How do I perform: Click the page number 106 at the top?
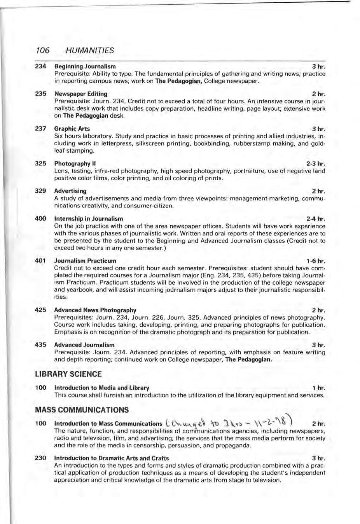point(42,50)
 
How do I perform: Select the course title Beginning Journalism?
point(85,66)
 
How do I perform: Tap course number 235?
point(40,94)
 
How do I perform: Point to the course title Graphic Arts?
point(72,129)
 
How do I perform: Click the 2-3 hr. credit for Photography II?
point(315,164)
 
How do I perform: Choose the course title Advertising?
point(70,191)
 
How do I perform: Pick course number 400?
point(40,218)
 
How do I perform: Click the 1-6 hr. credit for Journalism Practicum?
point(316,261)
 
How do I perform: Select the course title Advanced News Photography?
point(95,310)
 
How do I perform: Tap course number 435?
point(40,345)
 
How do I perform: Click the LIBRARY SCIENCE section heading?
point(68,374)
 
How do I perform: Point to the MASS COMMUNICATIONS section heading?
point(82,410)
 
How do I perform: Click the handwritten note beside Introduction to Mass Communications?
point(229,422)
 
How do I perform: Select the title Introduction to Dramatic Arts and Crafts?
point(111,458)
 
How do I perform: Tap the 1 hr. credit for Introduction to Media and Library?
point(318,388)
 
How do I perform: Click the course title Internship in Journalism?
point(88,219)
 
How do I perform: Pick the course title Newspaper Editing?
point(80,94)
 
